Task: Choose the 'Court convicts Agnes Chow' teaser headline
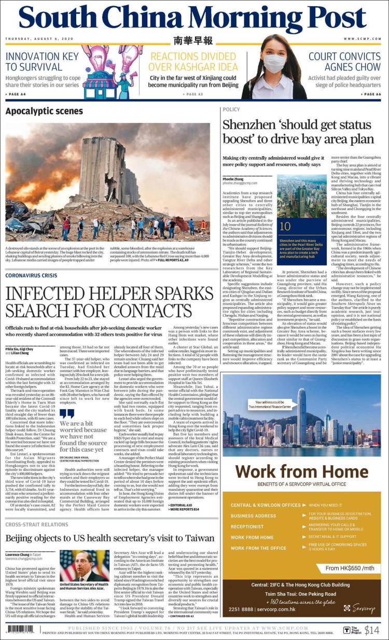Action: (x=344, y=62)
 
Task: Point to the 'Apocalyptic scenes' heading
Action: (x=44, y=112)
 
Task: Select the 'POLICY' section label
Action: (x=231, y=109)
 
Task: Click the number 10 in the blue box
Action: (x=285, y=226)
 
